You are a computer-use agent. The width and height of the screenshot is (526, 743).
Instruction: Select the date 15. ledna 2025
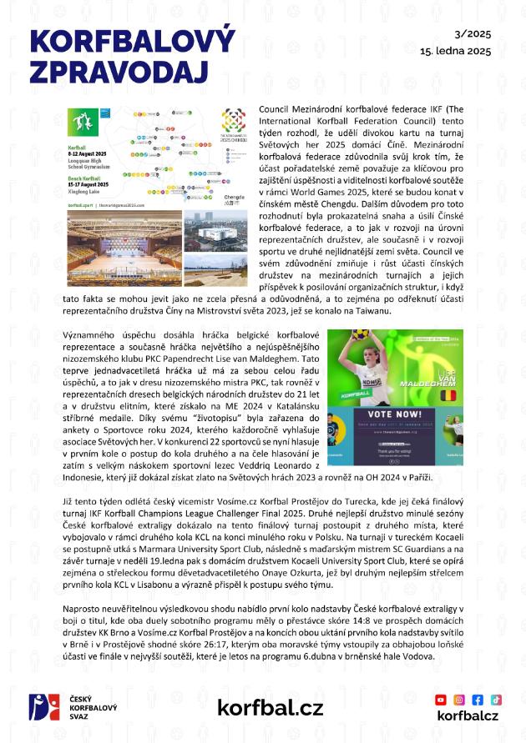click(x=455, y=51)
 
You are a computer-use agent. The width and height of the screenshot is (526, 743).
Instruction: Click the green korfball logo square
click(x=83, y=123)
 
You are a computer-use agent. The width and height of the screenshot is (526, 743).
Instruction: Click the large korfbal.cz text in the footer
click(x=270, y=708)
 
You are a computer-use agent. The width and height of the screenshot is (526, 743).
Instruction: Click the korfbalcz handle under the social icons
click(x=468, y=715)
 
